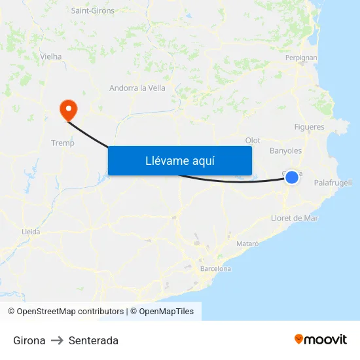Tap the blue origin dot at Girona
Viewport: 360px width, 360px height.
point(292,177)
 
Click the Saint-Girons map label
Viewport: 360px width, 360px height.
point(92,10)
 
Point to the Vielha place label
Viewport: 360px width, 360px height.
point(51,57)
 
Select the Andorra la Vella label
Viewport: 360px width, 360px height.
point(137,88)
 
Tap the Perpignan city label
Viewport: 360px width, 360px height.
point(301,58)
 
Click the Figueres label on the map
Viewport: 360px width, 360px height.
point(309,127)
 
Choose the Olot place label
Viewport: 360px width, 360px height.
point(253,140)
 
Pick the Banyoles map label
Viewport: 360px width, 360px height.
point(285,151)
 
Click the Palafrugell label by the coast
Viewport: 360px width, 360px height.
point(333,183)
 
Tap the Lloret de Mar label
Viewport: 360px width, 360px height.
point(295,218)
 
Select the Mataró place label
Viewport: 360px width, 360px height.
point(247,243)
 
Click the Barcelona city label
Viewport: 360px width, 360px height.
point(215,268)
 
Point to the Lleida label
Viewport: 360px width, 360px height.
point(31,232)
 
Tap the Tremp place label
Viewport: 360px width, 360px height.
point(63,143)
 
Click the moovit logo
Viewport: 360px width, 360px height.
point(321,340)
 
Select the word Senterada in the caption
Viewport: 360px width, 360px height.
point(94,340)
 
